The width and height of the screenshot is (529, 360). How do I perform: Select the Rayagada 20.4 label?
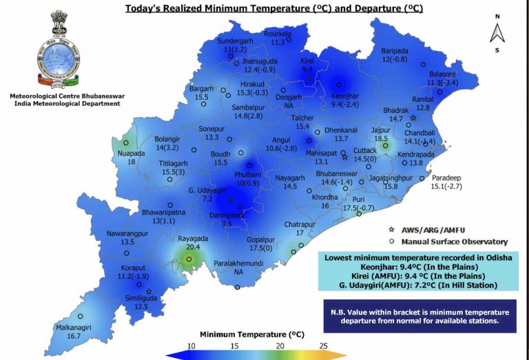tap(193, 242)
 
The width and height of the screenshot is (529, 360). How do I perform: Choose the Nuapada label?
tap(131, 157)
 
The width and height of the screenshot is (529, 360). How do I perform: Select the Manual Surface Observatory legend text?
tap(455, 242)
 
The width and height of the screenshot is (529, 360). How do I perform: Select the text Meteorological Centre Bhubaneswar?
tap(65, 96)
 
